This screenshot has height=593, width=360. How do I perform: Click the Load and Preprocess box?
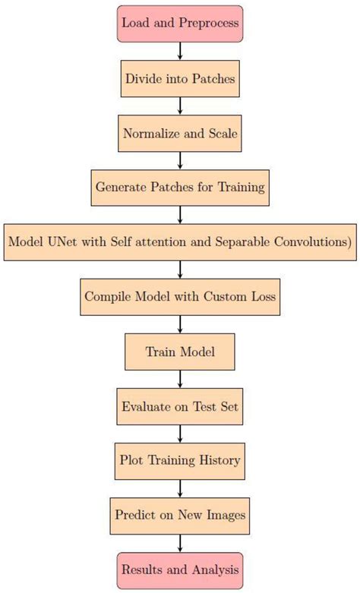click(x=180, y=23)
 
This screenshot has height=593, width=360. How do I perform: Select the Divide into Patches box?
click(x=180, y=78)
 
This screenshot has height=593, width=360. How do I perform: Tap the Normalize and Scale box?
click(x=180, y=133)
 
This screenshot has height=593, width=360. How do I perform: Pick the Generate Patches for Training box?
click(x=180, y=187)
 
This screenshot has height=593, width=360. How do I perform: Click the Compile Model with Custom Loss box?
click(x=180, y=296)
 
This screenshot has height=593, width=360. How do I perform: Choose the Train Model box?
click(x=180, y=352)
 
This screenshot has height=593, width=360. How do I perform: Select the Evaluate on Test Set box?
click(x=180, y=406)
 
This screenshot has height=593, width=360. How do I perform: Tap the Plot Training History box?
click(x=180, y=460)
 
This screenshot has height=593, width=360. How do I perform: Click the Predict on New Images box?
click(x=180, y=516)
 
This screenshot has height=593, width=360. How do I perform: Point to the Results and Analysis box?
click(x=180, y=569)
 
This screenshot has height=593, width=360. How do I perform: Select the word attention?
click(x=164, y=241)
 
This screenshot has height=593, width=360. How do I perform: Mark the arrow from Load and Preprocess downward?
click(x=180, y=50)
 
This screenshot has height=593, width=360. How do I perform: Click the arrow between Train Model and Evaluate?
click(x=180, y=379)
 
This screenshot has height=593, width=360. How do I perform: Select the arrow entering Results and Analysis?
click(x=180, y=543)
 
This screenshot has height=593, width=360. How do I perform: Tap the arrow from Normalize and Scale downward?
click(x=180, y=160)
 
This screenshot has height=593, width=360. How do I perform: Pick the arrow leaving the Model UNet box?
click(x=180, y=270)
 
